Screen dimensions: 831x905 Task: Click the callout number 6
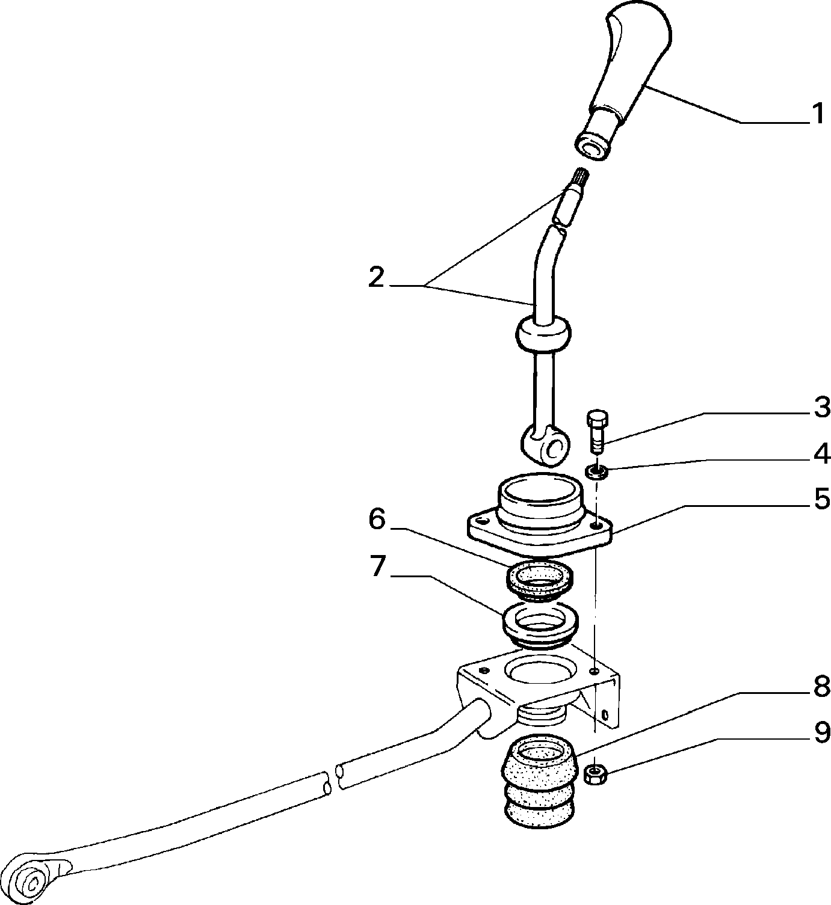377,520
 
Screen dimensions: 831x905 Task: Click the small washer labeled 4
596,473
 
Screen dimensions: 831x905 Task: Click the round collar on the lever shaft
543,334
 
